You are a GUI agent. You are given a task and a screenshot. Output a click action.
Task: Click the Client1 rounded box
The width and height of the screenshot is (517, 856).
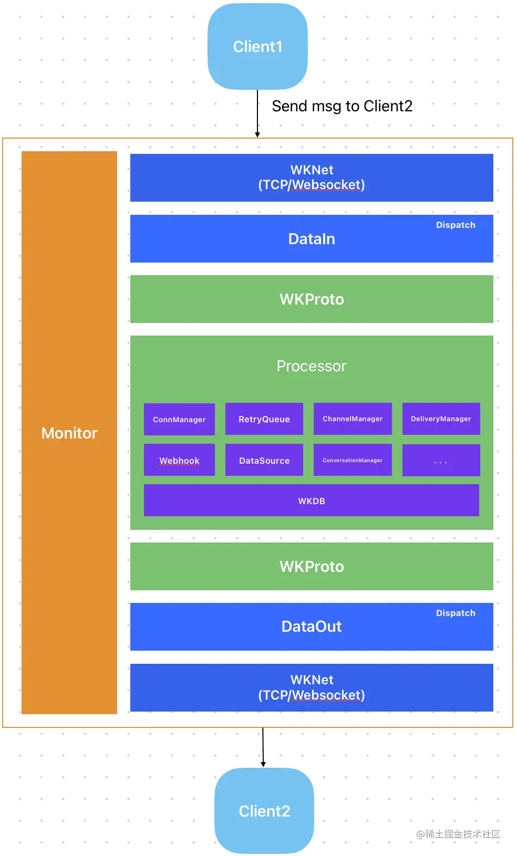[257, 47]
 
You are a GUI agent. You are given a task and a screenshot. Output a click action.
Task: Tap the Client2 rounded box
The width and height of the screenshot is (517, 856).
[264, 811]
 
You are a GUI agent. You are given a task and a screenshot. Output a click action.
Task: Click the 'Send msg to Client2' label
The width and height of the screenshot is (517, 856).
[342, 106]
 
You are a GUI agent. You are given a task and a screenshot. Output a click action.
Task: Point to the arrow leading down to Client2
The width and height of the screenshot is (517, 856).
[263, 747]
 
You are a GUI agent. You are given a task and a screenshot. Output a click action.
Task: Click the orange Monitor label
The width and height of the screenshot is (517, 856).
[69, 433]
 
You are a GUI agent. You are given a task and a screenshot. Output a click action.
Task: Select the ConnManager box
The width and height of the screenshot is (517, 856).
[179, 420]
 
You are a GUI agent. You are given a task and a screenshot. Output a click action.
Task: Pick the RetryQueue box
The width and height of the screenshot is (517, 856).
[264, 419]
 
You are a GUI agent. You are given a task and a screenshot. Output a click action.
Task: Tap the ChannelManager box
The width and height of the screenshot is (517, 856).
[353, 419]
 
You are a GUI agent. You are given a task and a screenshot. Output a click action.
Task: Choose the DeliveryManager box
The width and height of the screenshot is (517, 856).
[441, 419]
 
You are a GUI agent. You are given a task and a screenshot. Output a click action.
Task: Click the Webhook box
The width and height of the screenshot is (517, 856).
[179, 461]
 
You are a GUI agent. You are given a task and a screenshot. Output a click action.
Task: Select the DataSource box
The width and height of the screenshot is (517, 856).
[264, 461]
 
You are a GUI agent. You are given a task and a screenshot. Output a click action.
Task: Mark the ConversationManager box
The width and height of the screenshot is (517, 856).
[353, 461]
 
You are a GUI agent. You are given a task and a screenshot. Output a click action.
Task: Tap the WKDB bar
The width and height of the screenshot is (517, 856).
[312, 501]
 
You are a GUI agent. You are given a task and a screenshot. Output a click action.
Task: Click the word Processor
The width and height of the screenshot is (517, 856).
[312, 366]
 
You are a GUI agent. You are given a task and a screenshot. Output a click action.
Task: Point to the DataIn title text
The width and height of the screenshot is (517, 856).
[312, 239]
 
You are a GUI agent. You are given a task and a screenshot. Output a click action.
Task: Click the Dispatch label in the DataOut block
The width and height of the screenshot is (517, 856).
[456, 613]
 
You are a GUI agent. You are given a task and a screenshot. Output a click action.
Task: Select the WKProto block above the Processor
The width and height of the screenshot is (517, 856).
[312, 299]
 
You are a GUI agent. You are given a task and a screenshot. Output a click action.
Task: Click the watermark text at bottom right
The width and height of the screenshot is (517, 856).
[458, 834]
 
